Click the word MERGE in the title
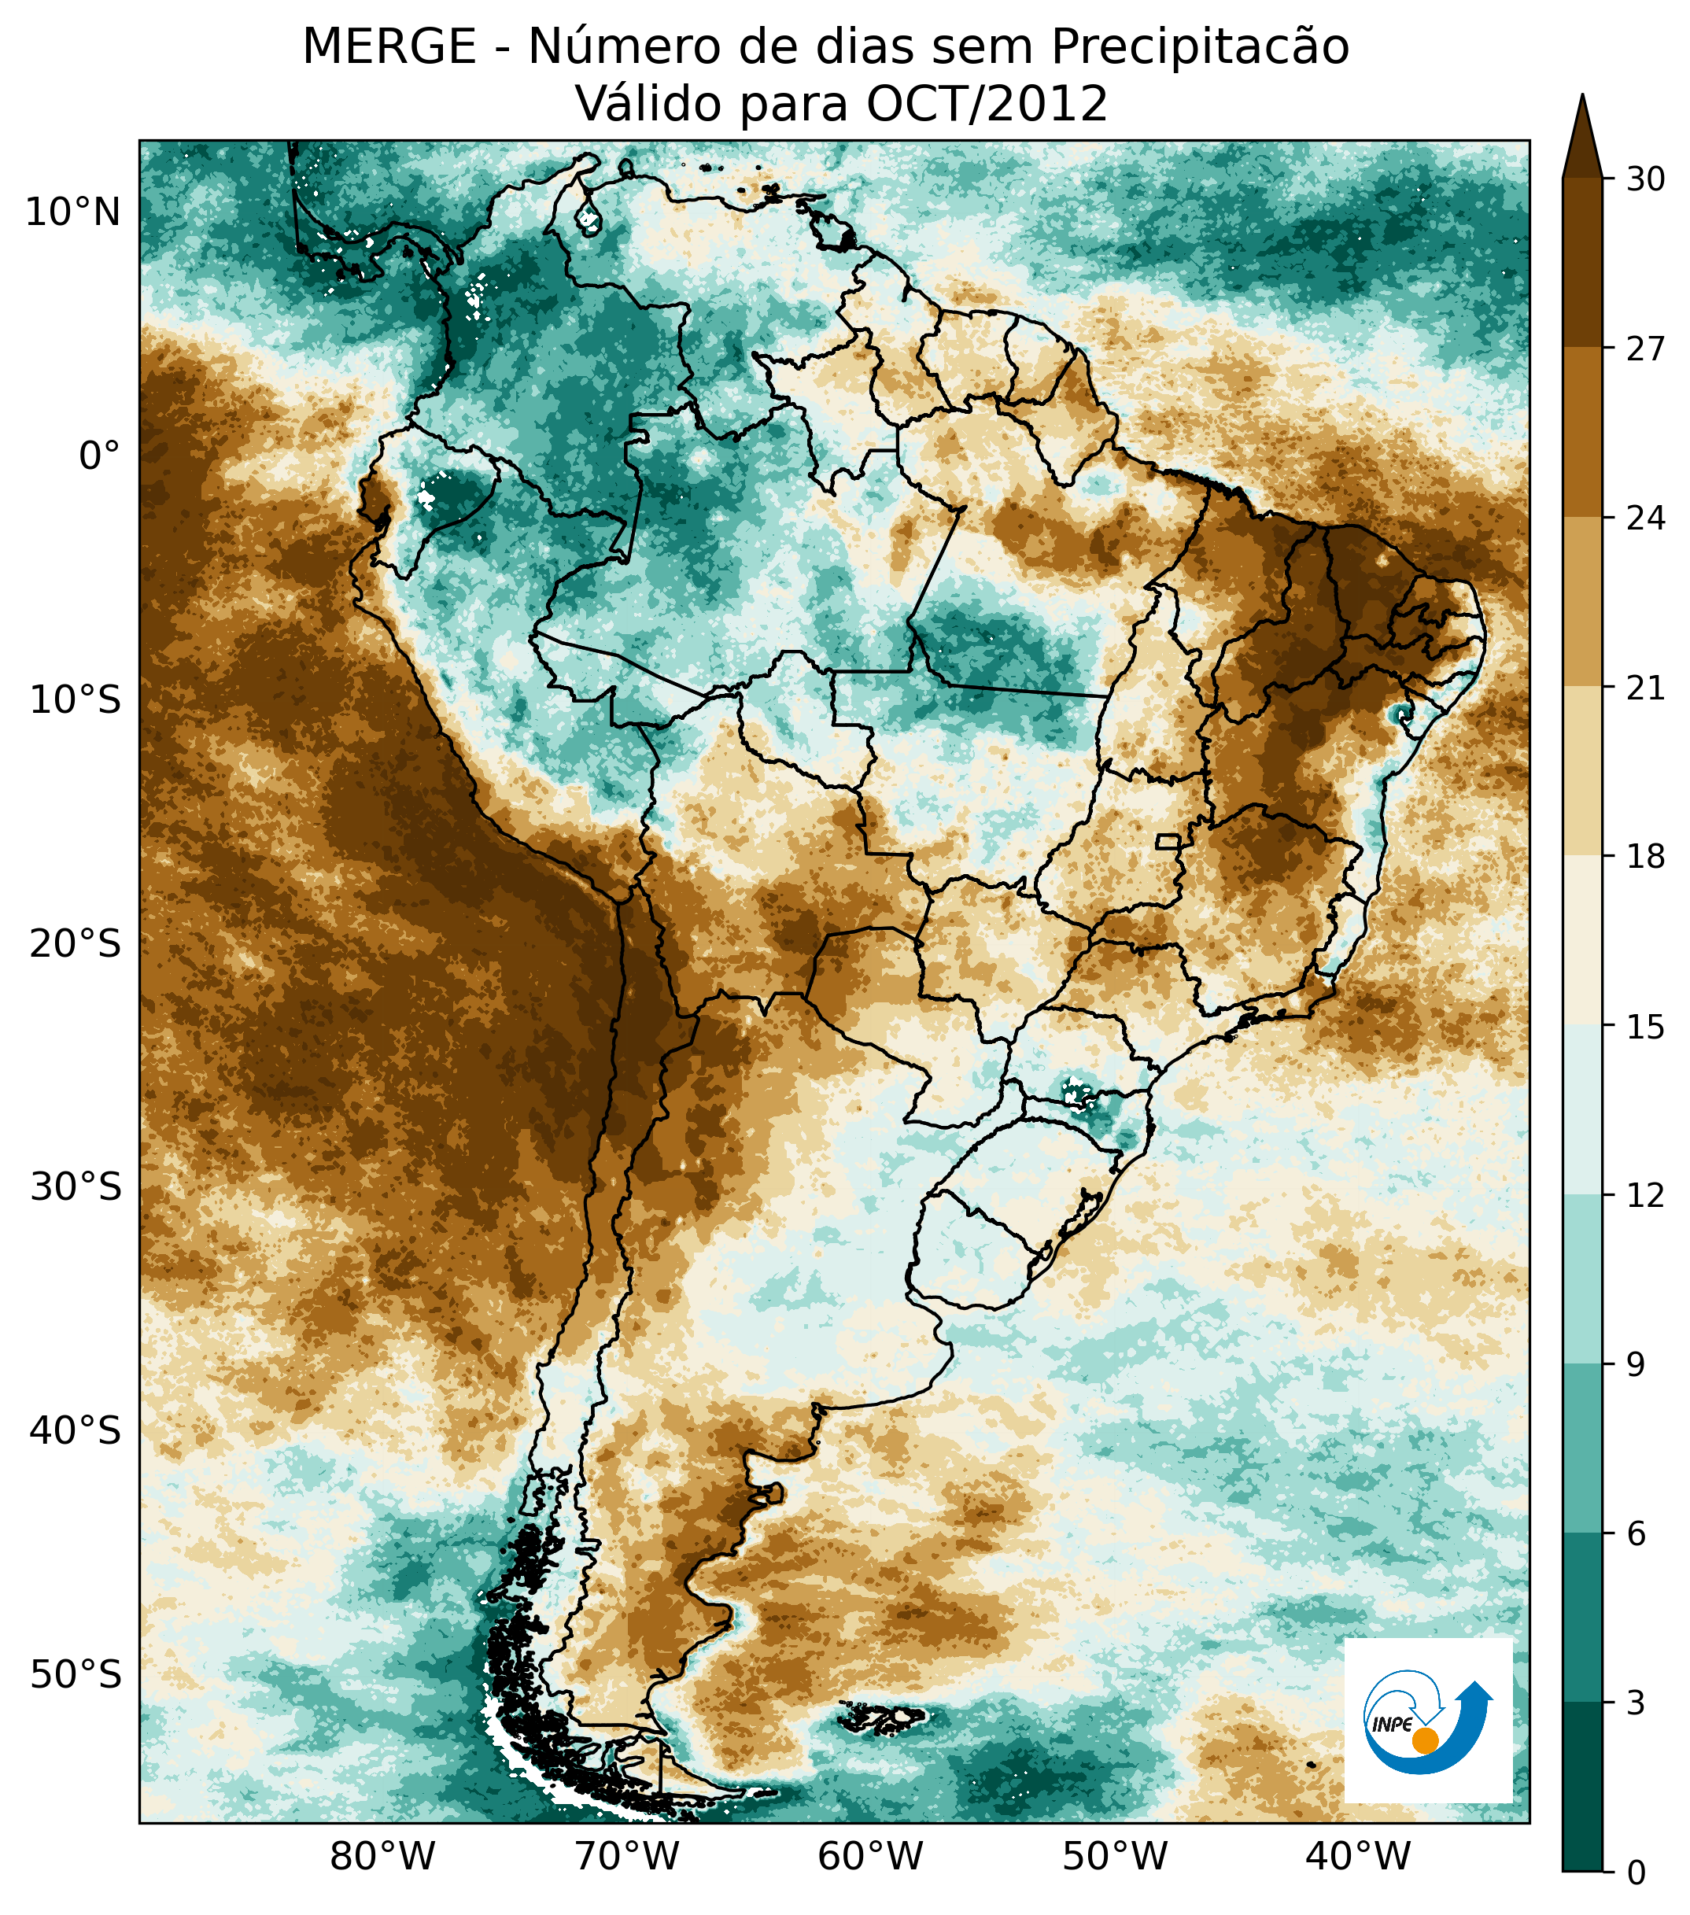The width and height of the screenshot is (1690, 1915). pyautogui.click(x=389, y=47)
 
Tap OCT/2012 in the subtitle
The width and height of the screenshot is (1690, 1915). pyautogui.click(x=987, y=104)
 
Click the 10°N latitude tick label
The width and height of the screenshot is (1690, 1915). pyautogui.click(x=73, y=214)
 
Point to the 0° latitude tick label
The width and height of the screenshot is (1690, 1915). pyautogui.click(x=100, y=456)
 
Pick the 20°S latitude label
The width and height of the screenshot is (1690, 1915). pyautogui.click(x=75, y=943)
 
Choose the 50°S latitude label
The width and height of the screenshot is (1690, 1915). pyautogui.click(x=75, y=1674)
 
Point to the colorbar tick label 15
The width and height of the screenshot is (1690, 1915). pyautogui.click(x=1645, y=1027)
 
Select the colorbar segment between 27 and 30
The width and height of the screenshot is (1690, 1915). pyautogui.click(x=1582, y=262)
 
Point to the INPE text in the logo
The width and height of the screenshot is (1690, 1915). pyautogui.click(x=1392, y=1724)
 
